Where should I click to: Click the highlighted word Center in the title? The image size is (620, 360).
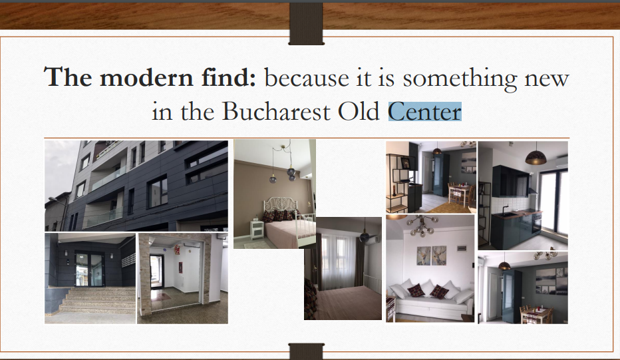click(x=424, y=112)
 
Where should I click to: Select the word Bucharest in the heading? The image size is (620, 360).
click(x=276, y=112)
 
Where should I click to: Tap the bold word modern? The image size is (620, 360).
click(x=146, y=77)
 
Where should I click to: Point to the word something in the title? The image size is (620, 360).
click(x=460, y=79)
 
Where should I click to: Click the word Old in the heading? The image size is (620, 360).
click(x=359, y=111)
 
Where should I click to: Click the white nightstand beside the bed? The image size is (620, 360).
click(x=257, y=230)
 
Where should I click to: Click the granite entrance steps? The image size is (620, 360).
click(x=97, y=301)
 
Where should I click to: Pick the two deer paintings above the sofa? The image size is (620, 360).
click(x=432, y=256)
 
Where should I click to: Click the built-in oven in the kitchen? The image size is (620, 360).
click(x=537, y=224)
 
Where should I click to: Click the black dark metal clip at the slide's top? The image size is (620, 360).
click(x=307, y=23)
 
